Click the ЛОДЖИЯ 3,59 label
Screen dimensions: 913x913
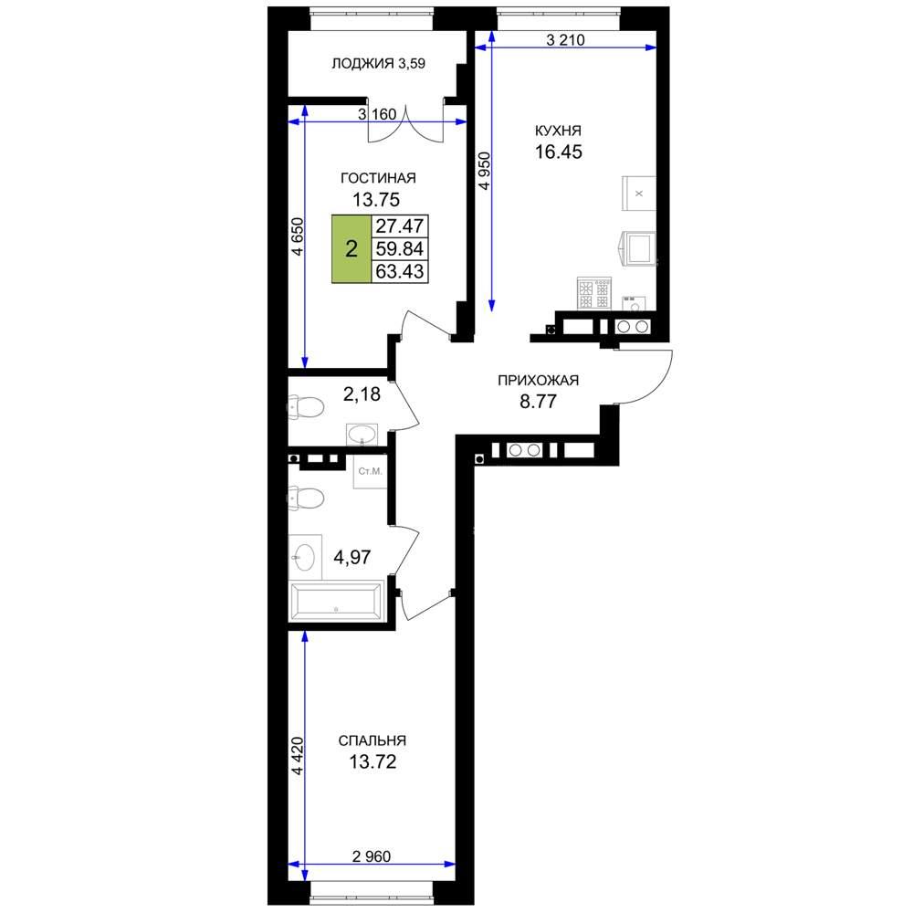(379, 64)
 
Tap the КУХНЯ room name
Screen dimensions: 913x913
(558, 131)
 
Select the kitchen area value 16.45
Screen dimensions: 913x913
(559, 152)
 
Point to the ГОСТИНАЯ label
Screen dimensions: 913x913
(378, 178)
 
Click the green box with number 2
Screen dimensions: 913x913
(352, 249)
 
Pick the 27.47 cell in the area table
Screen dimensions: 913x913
(400, 226)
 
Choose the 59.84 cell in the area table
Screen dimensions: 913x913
(400, 248)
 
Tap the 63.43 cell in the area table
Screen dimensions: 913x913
(400, 271)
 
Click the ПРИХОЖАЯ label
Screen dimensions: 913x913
(538, 381)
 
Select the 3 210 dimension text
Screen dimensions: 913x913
(565, 39)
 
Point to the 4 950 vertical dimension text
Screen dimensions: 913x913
(485, 171)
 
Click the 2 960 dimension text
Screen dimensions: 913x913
(372, 856)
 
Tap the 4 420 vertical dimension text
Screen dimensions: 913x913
(298, 756)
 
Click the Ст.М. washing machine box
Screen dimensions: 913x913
(370, 472)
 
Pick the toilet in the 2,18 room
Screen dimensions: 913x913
(306, 407)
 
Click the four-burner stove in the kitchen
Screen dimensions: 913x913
(594, 293)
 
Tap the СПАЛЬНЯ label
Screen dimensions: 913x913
(373, 740)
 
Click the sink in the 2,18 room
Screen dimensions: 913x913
(362, 435)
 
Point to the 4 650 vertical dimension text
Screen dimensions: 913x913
(298, 236)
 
